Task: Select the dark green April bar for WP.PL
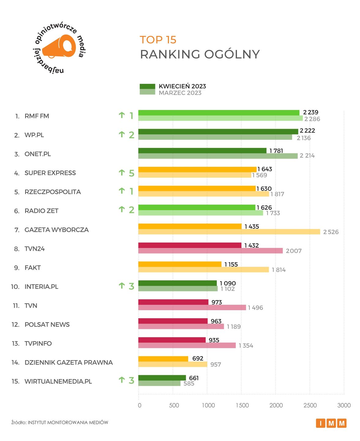(x=218, y=132)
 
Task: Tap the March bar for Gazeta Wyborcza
(x=229, y=232)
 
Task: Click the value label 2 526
(x=331, y=232)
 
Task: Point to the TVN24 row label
(x=35, y=249)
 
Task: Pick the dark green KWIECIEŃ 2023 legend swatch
(x=147, y=86)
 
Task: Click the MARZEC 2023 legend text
(x=180, y=93)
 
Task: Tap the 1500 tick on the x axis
(x=242, y=405)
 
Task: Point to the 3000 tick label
(x=344, y=405)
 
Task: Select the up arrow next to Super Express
(x=122, y=173)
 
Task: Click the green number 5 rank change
(x=132, y=173)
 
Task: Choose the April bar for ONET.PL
(x=202, y=151)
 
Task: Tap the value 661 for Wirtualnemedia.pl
(x=194, y=378)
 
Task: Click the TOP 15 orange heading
(x=158, y=40)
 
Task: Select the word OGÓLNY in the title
(x=232, y=55)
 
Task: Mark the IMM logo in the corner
(x=331, y=423)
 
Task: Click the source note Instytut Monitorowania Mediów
(x=60, y=423)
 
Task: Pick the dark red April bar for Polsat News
(x=173, y=321)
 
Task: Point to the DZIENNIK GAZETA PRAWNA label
(x=69, y=363)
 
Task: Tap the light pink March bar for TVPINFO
(x=187, y=345)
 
